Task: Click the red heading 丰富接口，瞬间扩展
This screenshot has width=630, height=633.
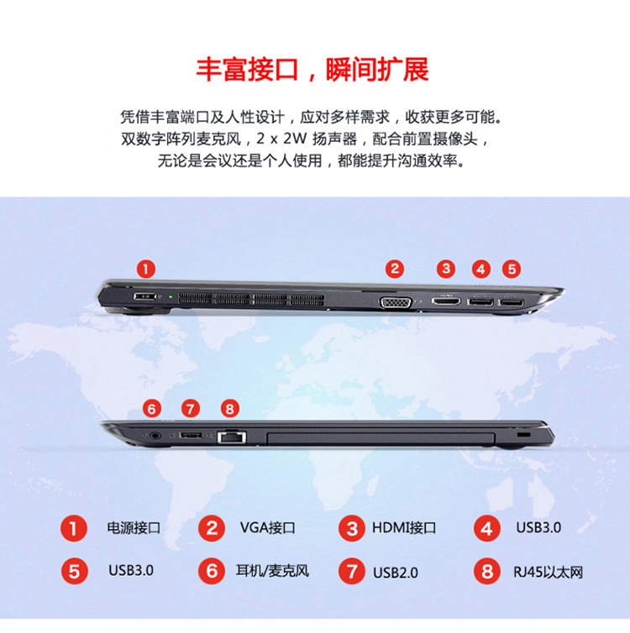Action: [312, 70]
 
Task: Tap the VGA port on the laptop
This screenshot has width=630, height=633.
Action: [396, 302]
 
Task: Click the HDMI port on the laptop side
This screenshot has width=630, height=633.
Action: [446, 301]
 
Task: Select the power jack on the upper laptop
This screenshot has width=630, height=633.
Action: [144, 296]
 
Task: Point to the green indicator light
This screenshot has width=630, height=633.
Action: [171, 297]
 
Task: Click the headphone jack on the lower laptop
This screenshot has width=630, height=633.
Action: [155, 436]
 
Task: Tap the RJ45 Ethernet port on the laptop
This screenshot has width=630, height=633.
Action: [232, 437]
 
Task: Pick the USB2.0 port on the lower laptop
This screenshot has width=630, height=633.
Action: [191, 436]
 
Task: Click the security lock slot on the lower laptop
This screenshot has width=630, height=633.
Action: [524, 435]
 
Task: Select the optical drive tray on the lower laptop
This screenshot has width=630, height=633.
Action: [381, 439]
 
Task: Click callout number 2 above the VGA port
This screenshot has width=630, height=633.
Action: [395, 269]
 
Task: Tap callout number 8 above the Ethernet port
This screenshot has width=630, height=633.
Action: [230, 409]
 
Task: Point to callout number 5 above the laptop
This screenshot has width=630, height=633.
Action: [512, 269]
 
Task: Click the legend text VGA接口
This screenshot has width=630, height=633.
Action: [267, 527]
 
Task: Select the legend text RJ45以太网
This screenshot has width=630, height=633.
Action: [548, 572]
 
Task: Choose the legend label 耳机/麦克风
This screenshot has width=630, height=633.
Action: [273, 571]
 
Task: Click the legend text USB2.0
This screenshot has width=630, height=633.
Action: [396, 573]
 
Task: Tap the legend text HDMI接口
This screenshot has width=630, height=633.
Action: [404, 527]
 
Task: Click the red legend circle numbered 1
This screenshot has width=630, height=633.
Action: [74, 528]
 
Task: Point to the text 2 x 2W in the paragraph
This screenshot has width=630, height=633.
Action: [282, 139]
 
